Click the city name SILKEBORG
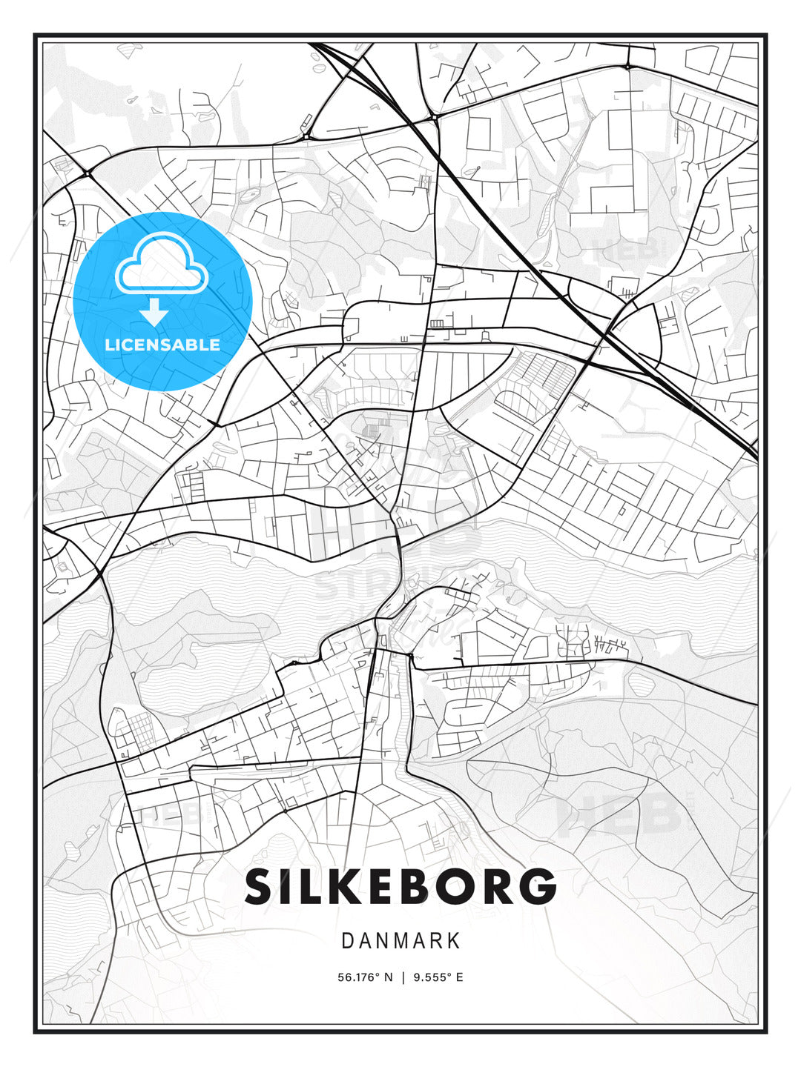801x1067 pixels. point(400,886)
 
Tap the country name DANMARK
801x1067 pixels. point(400,941)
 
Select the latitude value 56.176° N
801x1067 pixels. point(365,977)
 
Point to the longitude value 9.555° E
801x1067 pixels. point(438,977)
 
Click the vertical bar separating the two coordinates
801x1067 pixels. point(403,977)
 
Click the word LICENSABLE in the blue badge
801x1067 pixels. point(162,345)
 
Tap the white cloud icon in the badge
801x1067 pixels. point(160,264)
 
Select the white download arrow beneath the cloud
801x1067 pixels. point(154,313)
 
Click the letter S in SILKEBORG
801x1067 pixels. point(260,886)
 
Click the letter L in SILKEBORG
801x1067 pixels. point(311,886)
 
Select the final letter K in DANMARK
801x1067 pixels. point(454,941)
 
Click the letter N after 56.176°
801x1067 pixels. point(388,977)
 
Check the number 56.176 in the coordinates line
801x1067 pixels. point(357,977)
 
